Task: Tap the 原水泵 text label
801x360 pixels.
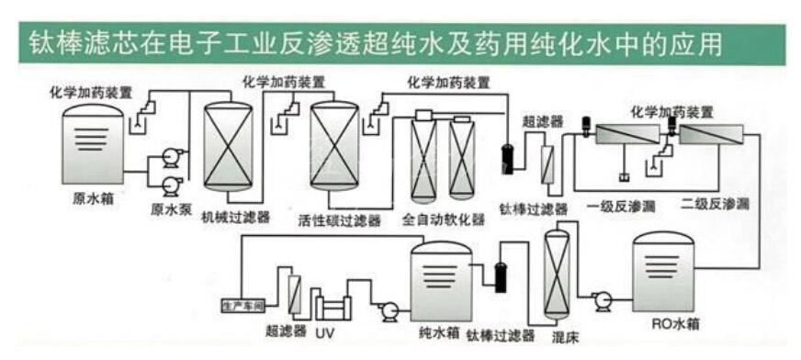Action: point(172,209)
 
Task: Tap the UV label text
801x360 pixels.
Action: point(325,330)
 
